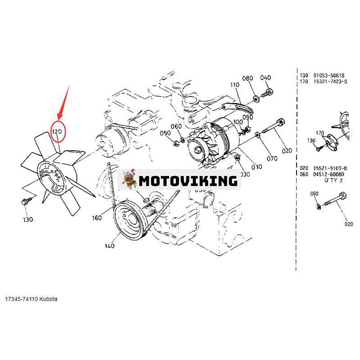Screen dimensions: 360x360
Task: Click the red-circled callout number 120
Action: coord(58,132)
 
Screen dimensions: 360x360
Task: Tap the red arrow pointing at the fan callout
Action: coord(63,103)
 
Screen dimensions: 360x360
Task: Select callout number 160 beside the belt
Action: coord(97,218)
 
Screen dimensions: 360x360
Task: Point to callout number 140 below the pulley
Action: coord(109,246)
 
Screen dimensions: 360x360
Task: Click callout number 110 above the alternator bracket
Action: coord(234,85)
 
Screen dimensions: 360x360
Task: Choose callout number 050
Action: coord(165,133)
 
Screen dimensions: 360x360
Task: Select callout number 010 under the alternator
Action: coord(256,167)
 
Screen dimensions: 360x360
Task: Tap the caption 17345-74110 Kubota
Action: coord(31,299)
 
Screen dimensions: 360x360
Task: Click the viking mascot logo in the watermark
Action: coord(130,181)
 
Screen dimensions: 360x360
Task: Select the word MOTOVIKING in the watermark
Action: coord(188,181)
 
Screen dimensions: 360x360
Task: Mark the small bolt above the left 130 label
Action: coord(25,202)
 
